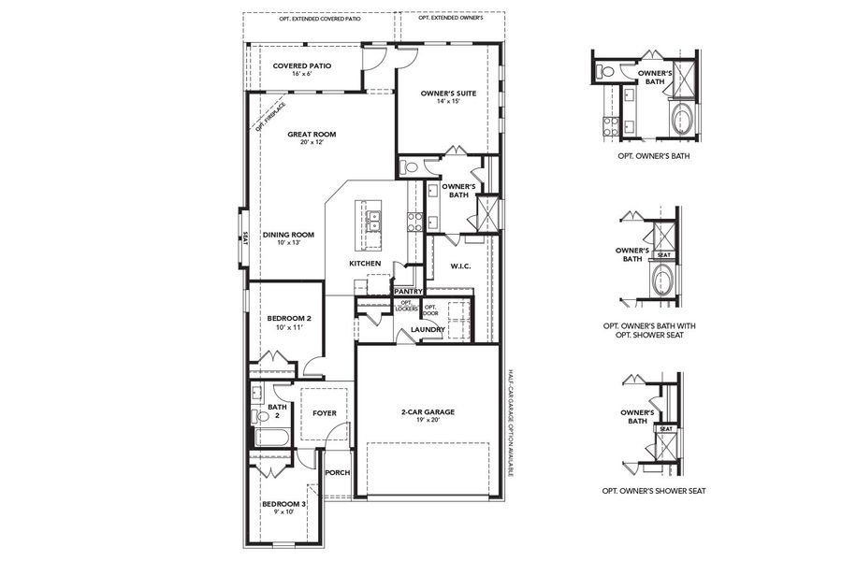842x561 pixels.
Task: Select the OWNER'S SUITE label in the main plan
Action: coord(443,94)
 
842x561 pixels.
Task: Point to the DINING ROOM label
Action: coord(288,236)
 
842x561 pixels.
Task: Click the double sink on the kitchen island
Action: coord(373,222)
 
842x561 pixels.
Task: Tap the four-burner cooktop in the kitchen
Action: coord(414,222)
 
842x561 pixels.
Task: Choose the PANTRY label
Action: coord(409,292)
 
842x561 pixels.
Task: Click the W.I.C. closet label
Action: coord(459,266)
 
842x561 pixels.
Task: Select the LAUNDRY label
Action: coord(427,329)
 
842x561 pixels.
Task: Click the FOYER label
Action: coord(324,412)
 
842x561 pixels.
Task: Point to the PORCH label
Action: coord(337,472)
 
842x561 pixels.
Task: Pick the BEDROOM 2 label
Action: coord(288,319)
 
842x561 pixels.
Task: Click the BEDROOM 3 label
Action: coord(283,505)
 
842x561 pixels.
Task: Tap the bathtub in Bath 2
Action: coord(272,437)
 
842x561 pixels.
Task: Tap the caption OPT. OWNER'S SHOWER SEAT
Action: coord(653,490)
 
